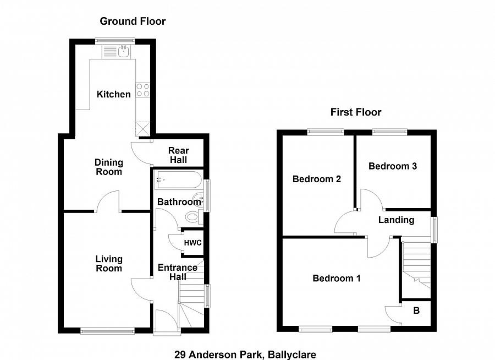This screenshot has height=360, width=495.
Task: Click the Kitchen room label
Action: [114, 94]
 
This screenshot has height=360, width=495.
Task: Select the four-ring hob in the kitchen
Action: [143, 90]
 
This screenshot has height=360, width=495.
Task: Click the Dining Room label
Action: [108, 167]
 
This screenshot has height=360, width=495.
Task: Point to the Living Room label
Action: [109, 264]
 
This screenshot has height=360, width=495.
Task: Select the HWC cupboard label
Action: [193, 243]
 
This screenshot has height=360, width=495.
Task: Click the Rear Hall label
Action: [178, 155]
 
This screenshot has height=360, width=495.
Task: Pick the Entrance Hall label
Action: [178, 272]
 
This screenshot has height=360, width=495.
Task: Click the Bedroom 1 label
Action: [337, 279]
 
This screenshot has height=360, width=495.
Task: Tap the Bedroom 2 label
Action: [317, 179]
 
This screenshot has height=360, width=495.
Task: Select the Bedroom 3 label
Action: [393, 166]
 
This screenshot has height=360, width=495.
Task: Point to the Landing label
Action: [396, 220]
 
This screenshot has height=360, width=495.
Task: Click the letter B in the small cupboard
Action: [416, 311]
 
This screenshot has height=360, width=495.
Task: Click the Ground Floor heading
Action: [133, 21]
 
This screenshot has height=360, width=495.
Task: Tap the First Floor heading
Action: [356, 112]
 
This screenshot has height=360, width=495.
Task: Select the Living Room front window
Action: [107, 330]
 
